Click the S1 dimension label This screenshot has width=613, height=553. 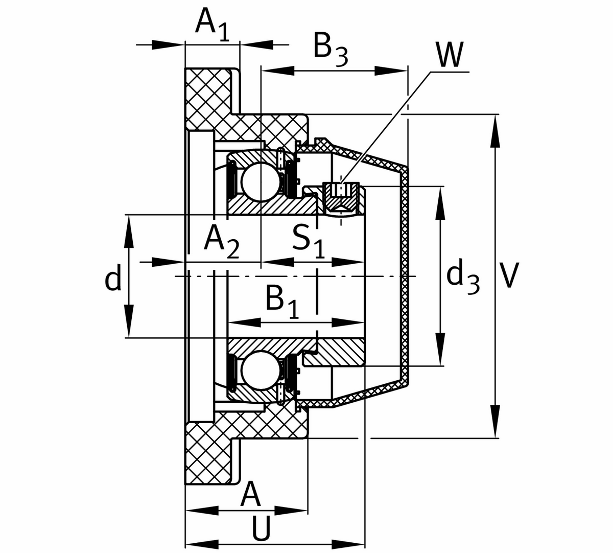pos(309,240)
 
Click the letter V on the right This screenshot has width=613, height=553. pos(509,276)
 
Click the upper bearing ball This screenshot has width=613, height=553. pos(258,180)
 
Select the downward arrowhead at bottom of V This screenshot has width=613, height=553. pos(495,427)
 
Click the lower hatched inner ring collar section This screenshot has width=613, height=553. pos(337,352)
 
